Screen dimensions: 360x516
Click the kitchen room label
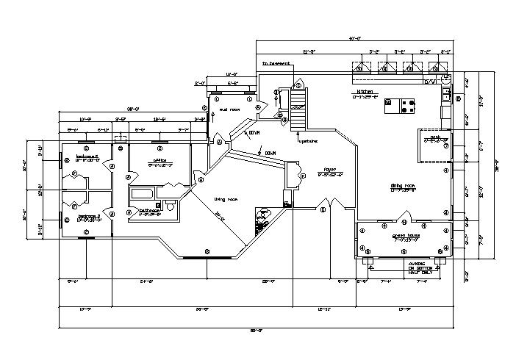(x=367, y=92)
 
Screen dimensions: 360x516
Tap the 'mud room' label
(x=229, y=109)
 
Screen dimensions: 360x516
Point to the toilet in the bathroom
(x=169, y=206)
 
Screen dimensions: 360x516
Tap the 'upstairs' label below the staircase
(x=307, y=142)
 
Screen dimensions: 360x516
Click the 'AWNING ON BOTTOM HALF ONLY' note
(x=418, y=268)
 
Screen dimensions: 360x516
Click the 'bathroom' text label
(x=151, y=211)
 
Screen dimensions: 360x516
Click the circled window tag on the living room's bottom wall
(x=208, y=252)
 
